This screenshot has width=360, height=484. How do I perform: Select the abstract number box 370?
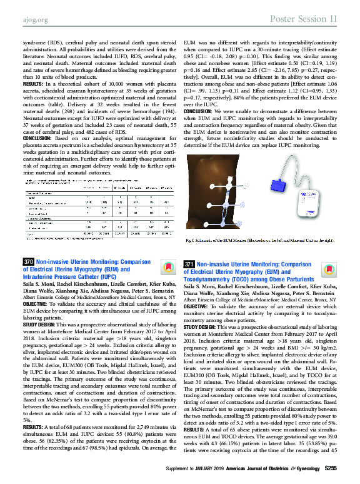coord(27,262)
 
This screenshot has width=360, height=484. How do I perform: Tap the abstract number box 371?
coord(190,265)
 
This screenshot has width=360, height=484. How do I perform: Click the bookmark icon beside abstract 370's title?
coord(167,267)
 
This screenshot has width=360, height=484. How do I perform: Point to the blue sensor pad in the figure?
coord(279,186)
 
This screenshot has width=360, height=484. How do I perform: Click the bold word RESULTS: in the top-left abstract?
coord(32,83)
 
